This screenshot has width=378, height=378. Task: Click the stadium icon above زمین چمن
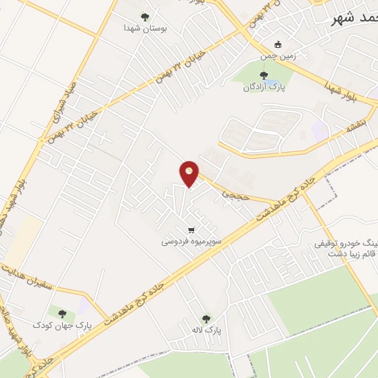[277, 44]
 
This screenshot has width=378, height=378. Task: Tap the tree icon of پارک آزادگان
[264, 75]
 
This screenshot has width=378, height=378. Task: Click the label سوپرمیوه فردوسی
[191, 241]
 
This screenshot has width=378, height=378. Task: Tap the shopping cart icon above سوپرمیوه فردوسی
[191, 230]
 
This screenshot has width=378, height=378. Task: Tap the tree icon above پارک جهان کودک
[61, 314]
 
